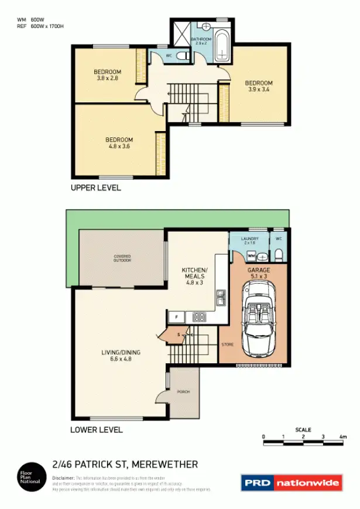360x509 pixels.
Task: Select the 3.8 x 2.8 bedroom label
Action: tap(107, 74)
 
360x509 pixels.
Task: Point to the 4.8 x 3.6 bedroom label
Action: tap(119, 143)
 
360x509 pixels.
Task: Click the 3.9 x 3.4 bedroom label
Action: tap(258, 86)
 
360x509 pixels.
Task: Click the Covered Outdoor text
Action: tap(122, 258)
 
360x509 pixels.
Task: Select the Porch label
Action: tap(183, 391)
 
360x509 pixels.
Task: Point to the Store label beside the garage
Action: tap(227, 345)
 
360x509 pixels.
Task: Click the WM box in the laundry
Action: tap(251, 256)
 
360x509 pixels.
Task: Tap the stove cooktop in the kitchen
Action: tap(199, 317)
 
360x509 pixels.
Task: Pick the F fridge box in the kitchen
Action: tap(176, 317)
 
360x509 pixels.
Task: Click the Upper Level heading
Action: tap(95, 188)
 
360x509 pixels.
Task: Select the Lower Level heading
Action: tap(97, 429)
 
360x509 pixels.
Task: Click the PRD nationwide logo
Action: tap(291, 483)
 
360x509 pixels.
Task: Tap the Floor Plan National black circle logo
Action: tap(30, 477)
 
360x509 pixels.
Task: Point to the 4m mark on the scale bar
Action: tap(343, 437)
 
